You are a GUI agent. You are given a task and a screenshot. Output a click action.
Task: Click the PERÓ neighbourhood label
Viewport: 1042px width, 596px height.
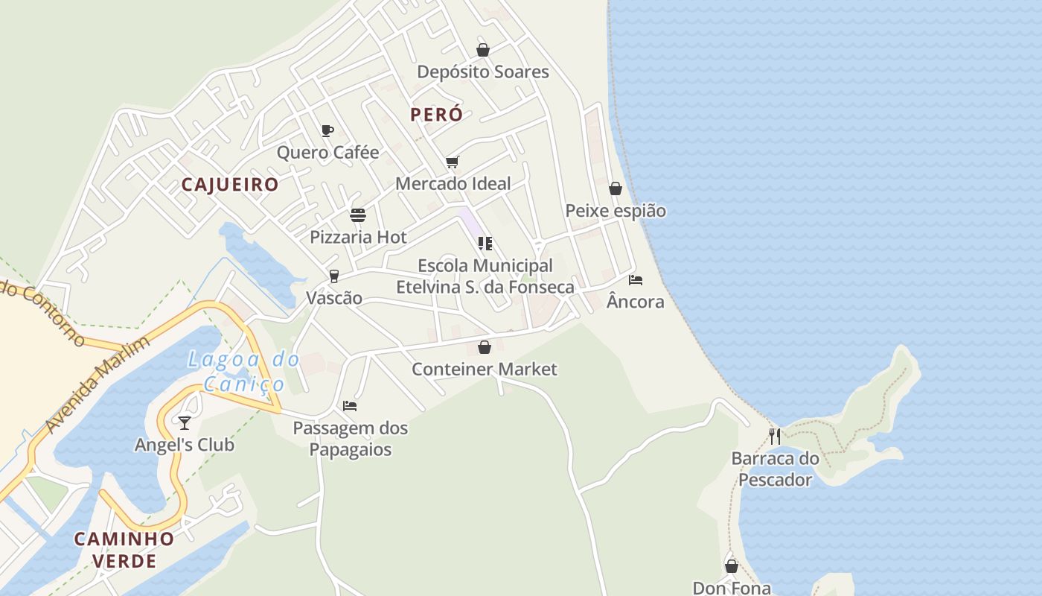click(436, 115)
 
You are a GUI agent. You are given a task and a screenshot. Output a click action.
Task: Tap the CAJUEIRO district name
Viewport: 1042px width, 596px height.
click(230, 185)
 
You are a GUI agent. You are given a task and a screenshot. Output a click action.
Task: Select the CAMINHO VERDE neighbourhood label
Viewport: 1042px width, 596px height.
click(124, 549)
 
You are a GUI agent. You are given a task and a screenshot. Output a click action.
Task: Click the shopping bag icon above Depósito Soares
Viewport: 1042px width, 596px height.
click(483, 50)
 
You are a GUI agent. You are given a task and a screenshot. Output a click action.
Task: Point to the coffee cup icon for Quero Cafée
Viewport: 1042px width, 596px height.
click(327, 131)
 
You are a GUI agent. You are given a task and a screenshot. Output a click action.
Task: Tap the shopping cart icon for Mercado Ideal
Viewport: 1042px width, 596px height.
click(452, 162)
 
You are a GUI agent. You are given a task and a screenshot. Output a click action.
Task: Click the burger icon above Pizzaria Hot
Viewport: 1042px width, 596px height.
click(358, 215)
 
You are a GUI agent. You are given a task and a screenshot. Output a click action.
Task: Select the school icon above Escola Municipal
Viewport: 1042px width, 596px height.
click(485, 244)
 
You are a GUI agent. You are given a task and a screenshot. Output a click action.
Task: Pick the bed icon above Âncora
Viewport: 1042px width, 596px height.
click(635, 280)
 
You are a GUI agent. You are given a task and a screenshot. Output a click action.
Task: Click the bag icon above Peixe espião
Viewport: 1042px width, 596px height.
click(616, 188)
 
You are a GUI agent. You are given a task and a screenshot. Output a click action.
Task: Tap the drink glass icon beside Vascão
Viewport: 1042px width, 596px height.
click(334, 276)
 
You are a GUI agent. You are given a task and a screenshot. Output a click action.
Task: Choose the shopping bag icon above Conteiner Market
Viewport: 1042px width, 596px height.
click(485, 347)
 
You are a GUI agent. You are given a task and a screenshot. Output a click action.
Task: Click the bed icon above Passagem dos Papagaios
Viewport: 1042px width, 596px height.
click(350, 406)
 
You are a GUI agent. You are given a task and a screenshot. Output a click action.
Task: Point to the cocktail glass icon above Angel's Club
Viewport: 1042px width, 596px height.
click(184, 423)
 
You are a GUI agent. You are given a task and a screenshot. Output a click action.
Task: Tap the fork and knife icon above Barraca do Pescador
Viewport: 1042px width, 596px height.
click(775, 436)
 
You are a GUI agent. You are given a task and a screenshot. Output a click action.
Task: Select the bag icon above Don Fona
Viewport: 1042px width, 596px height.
click(732, 566)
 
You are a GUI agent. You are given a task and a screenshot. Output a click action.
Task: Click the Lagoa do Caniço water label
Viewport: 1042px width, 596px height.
click(243, 372)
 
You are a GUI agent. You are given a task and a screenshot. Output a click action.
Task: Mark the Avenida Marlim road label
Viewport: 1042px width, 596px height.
click(97, 384)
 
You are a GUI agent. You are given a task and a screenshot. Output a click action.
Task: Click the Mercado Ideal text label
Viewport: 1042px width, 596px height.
click(453, 183)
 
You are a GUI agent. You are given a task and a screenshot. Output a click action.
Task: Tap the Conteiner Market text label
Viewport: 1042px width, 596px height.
click(485, 369)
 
